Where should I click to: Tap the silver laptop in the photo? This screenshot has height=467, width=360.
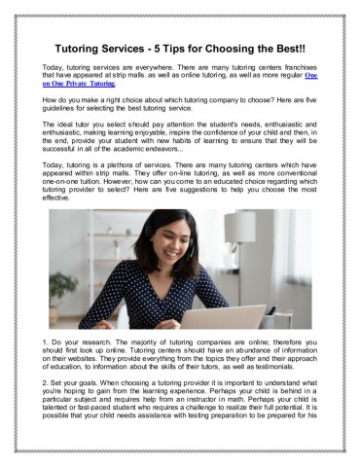click(x=234, y=317)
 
